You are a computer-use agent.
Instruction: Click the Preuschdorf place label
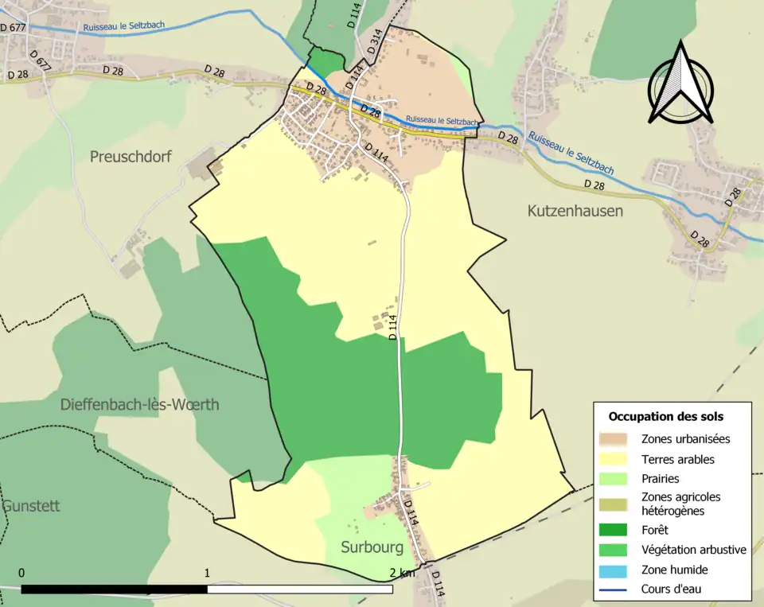pyautogui.click(x=131, y=157)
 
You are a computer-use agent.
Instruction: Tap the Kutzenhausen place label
pyautogui.click(x=575, y=211)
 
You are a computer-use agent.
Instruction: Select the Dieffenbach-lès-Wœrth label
pyautogui.click(x=140, y=404)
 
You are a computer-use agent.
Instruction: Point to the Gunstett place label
pyautogui.click(x=30, y=506)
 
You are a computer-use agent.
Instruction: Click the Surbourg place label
pyautogui.click(x=372, y=547)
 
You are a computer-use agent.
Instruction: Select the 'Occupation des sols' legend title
pyautogui.click(x=665, y=416)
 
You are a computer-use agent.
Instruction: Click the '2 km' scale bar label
pyautogui.click(x=403, y=573)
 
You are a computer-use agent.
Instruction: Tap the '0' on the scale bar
pyautogui.click(x=21, y=573)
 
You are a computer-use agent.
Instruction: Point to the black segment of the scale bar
pyautogui.click(x=115, y=589)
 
